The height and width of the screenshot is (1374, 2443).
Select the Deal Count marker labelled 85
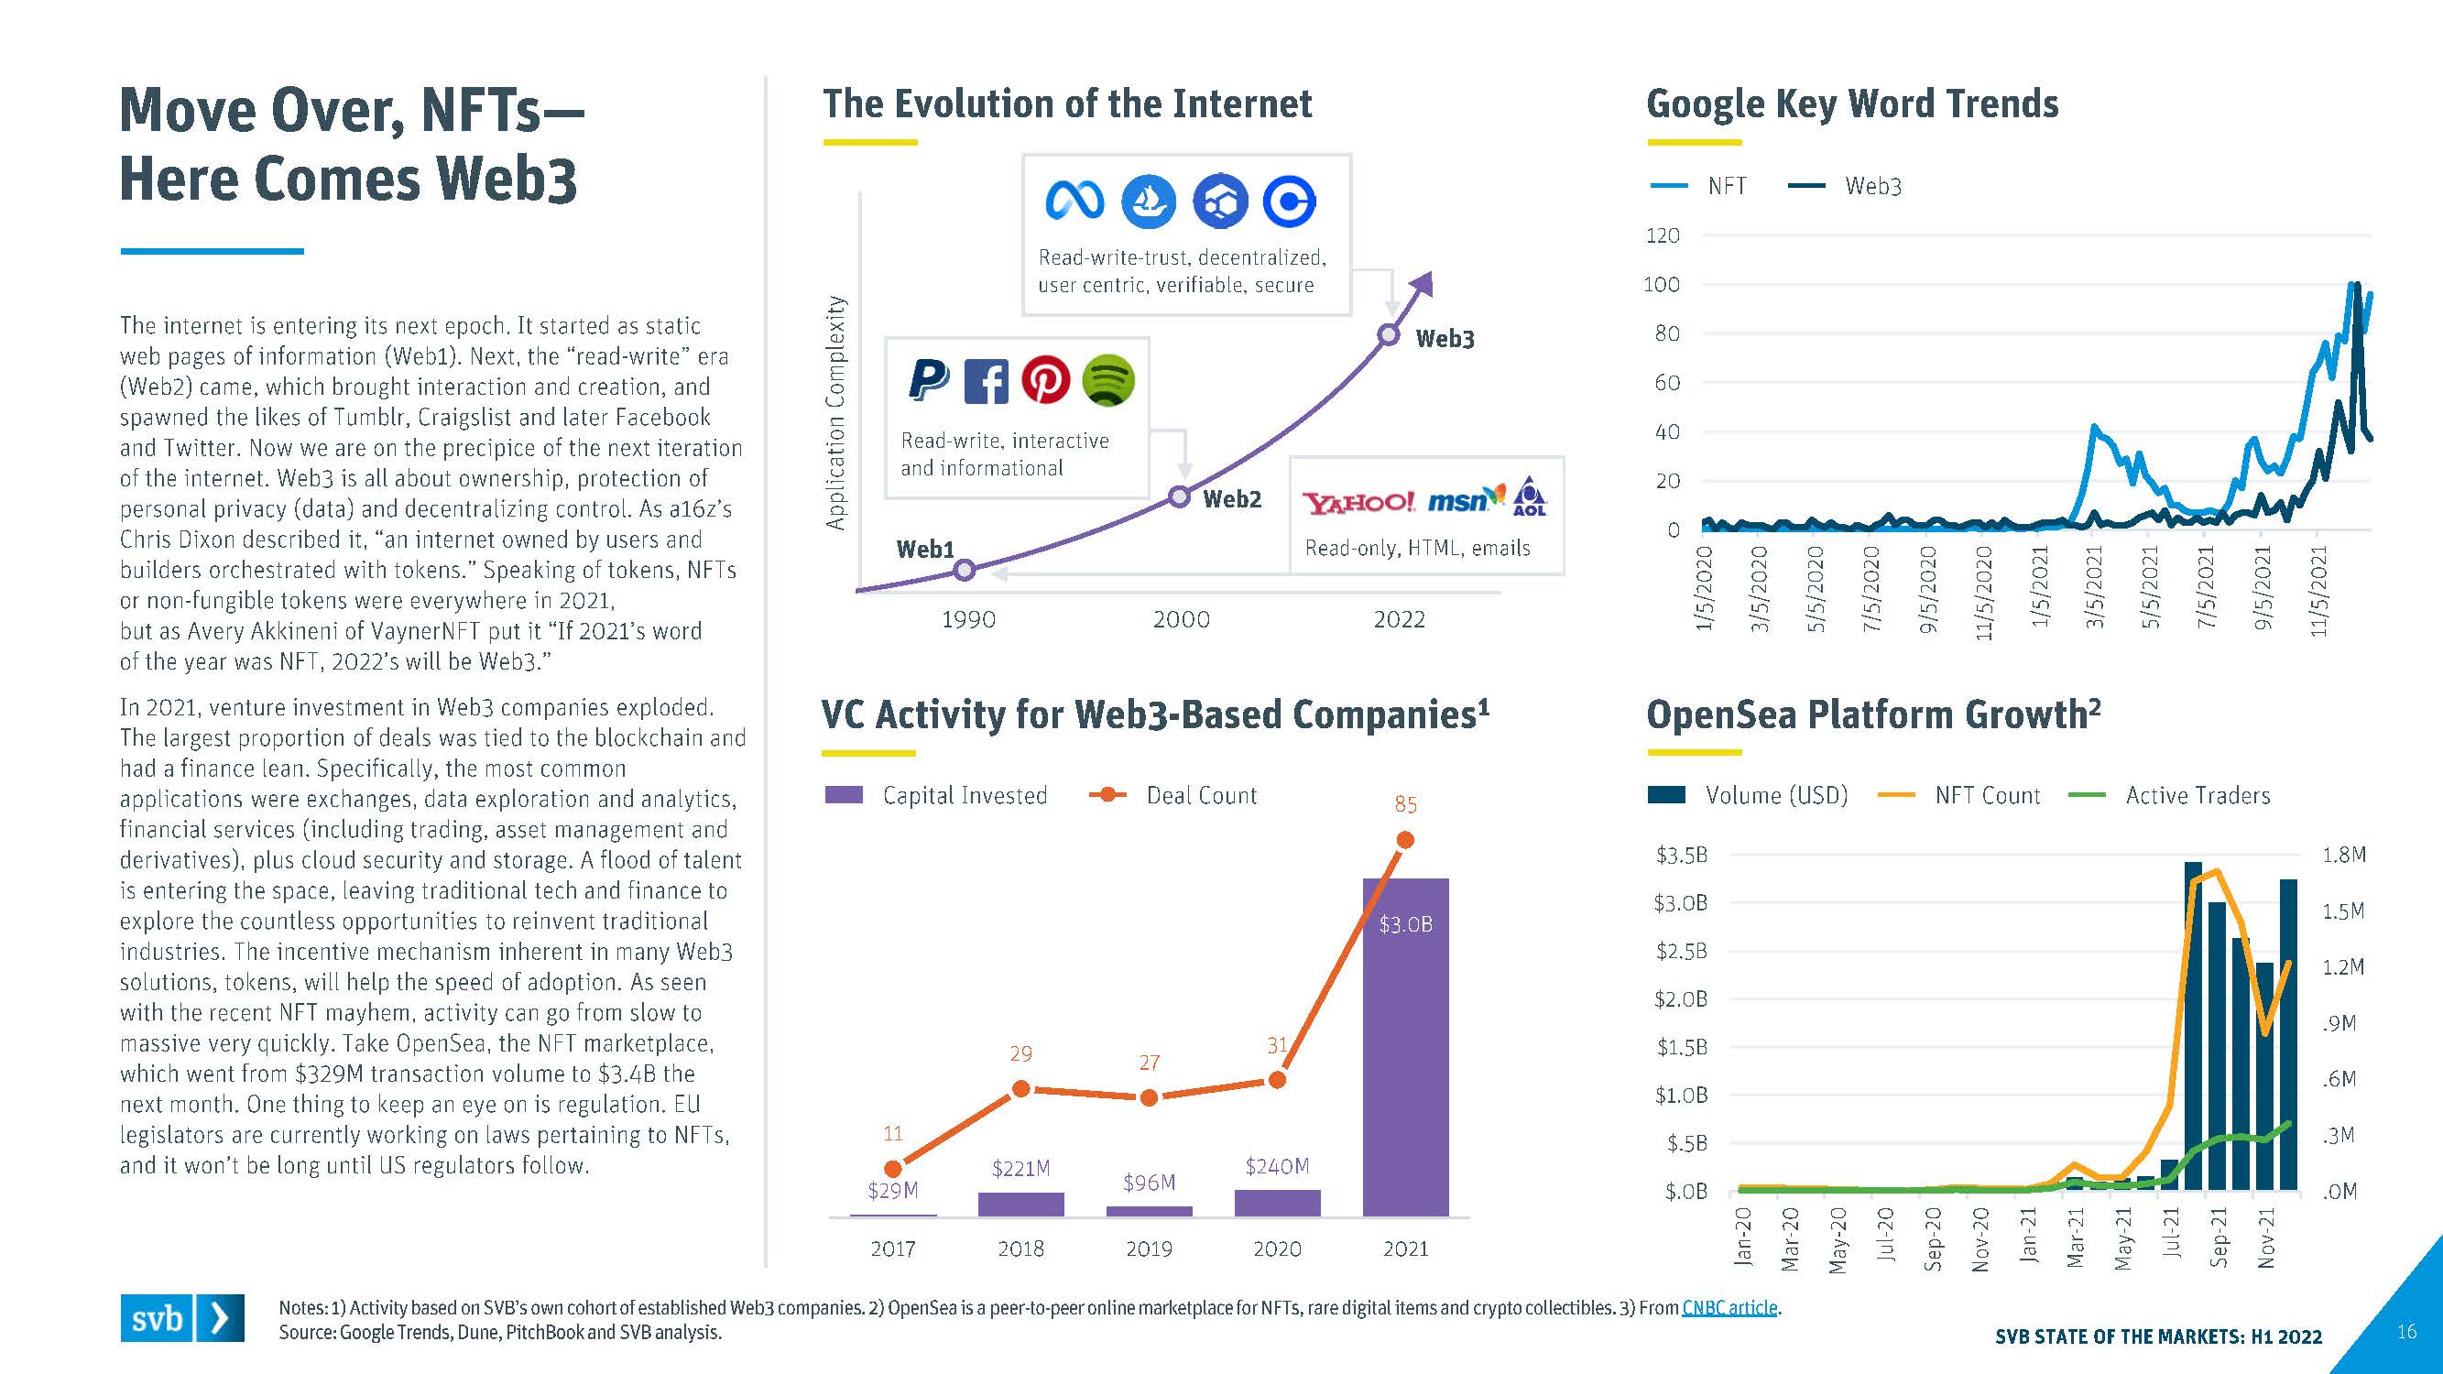[x=1405, y=840]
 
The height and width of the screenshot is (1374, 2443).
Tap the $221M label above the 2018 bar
[x=1020, y=1168]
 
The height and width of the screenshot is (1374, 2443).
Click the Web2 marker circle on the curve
[x=1179, y=496]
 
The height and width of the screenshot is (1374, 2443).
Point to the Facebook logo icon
[x=987, y=381]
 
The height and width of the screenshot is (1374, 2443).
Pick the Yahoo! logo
[x=1358, y=502]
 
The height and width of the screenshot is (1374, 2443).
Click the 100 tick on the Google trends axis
[x=1661, y=285]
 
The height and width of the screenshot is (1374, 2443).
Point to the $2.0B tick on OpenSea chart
[x=1681, y=998]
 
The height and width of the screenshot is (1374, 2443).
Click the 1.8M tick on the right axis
[x=2343, y=856]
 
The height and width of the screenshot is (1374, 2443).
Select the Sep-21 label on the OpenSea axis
[x=2219, y=1238]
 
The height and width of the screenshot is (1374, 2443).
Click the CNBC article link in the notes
[x=1729, y=1308]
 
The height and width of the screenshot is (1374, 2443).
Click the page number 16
[x=2406, y=1331]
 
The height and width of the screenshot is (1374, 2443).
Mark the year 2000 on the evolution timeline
[x=1181, y=619]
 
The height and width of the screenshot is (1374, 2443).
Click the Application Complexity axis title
[x=834, y=412]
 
